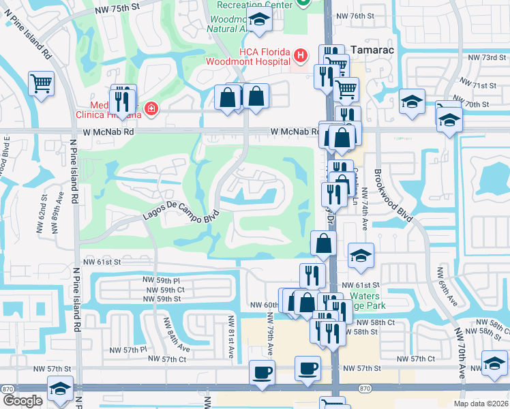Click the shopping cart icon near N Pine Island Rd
click(42, 85)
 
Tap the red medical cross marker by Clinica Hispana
click(151, 109)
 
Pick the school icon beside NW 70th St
click(411, 102)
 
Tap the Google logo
click(22, 401)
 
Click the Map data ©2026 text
click(481, 404)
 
